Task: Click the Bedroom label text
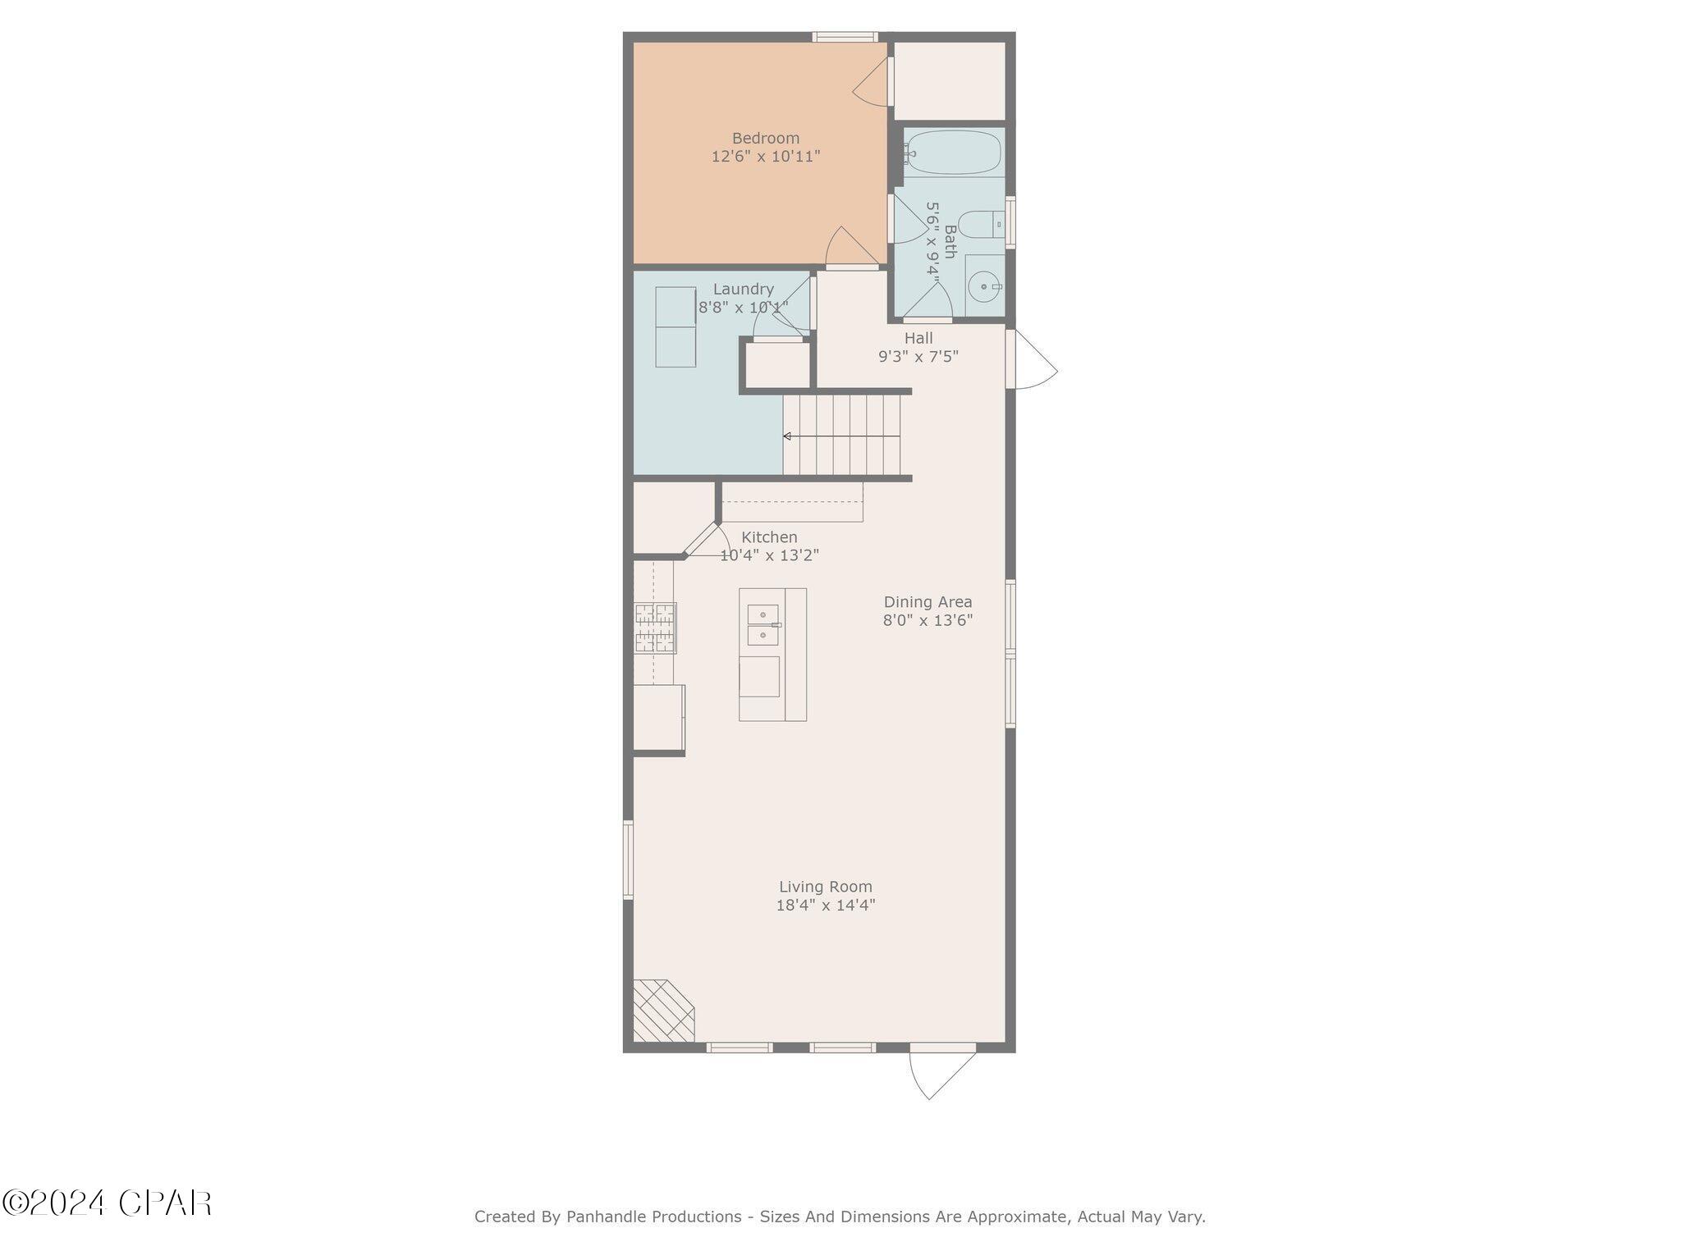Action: point(765,138)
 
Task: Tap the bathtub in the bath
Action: point(952,153)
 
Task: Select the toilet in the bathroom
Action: point(980,223)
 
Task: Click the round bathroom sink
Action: point(982,286)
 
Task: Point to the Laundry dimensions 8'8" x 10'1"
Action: point(743,308)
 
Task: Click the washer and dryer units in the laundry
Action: point(676,326)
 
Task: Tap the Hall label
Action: point(918,338)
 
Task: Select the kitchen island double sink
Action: point(763,624)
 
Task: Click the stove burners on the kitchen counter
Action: point(655,628)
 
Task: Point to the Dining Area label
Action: point(928,602)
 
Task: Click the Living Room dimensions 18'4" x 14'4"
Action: point(826,906)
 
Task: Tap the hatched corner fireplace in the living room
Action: point(662,1011)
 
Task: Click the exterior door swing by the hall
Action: point(1034,361)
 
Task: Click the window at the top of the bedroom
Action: point(845,36)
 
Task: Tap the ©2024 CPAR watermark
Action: point(107,1203)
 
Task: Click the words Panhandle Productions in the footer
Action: point(653,1217)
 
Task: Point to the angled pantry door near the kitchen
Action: point(700,539)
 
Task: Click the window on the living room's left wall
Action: point(629,860)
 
